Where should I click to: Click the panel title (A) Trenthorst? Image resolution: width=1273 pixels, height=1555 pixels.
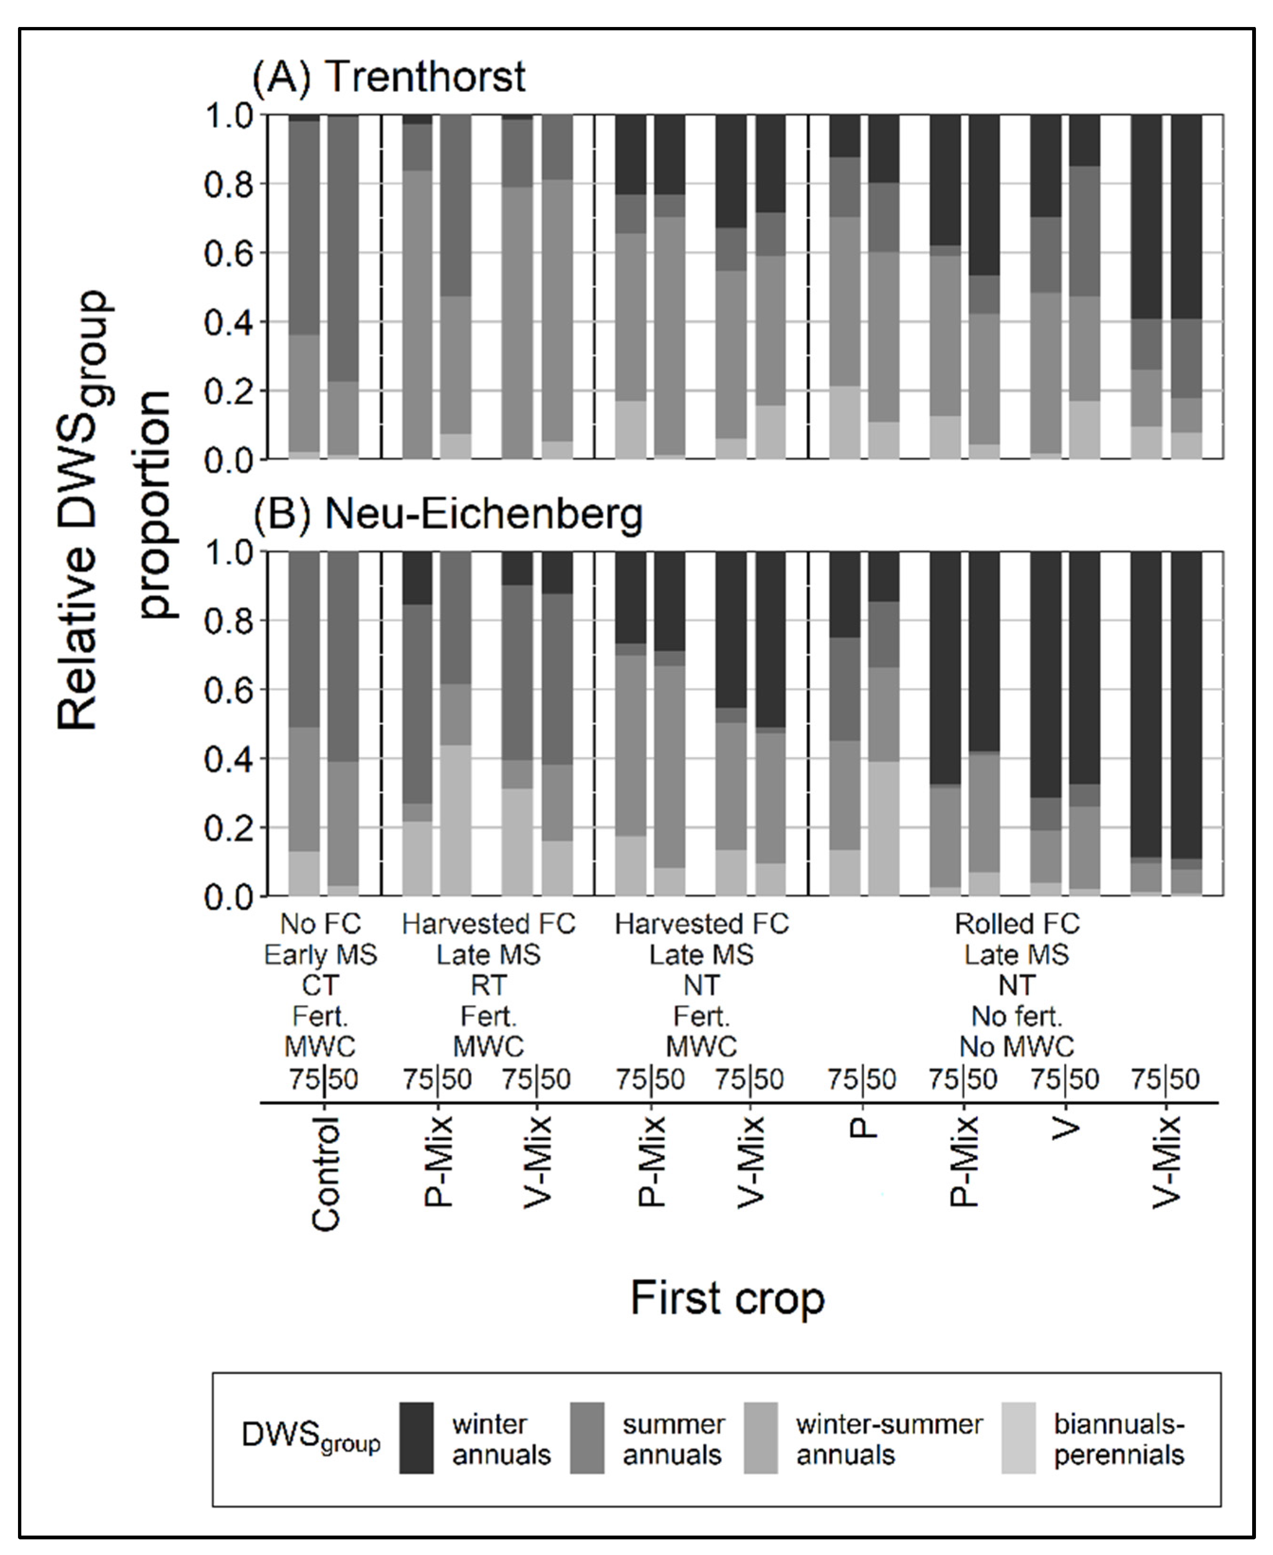388,76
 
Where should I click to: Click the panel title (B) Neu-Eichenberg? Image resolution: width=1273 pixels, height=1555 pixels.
448,514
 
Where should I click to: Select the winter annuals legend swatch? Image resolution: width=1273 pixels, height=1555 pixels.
416,1437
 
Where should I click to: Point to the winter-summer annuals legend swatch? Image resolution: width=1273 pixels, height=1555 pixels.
760,1437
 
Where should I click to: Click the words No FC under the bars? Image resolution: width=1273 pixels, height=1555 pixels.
320,924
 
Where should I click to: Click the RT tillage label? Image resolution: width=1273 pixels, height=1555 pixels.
488,985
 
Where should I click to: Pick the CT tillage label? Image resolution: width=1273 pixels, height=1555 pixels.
320,985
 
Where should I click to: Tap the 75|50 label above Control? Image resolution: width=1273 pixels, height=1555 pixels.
324,1079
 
